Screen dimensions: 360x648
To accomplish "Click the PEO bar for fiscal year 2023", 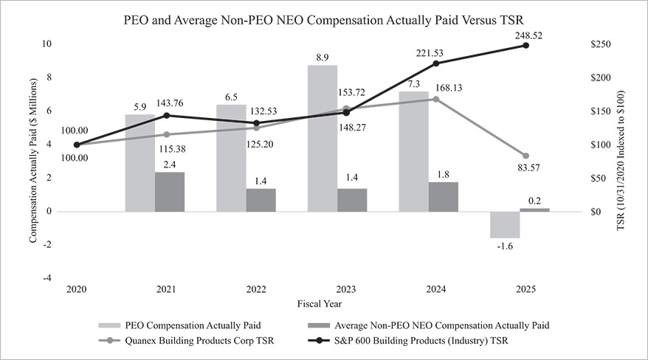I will pyautogui.click(x=323, y=138).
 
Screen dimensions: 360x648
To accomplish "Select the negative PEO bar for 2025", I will pyautogui.click(x=505, y=224).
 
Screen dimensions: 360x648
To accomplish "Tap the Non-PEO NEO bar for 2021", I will pyautogui.click(x=170, y=191).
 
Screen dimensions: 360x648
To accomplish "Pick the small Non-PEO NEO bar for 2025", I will pyautogui.click(x=534, y=210).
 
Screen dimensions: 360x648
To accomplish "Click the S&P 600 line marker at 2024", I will pyautogui.click(x=435, y=63).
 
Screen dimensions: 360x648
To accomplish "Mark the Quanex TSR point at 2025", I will pyautogui.click(x=525, y=156).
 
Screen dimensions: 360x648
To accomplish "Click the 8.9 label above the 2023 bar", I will pyautogui.click(x=323, y=56).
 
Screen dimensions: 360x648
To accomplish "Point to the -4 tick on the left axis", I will pyautogui.click(x=48, y=278).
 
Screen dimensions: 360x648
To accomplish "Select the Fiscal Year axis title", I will pyautogui.click(x=319, y=303).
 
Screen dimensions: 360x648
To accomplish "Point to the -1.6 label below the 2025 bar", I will pyautogui.click(x=505, y=246).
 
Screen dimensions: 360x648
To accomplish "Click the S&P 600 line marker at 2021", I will pyautogui.click(x=167, y=115).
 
